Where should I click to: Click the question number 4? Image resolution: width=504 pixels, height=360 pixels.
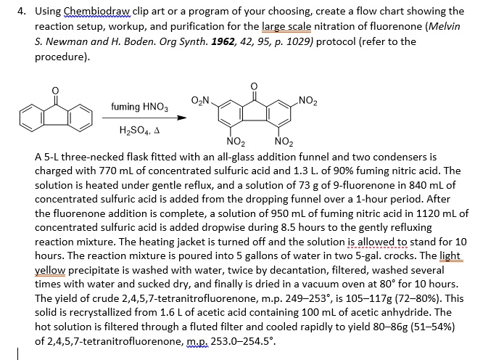[22, 11]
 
